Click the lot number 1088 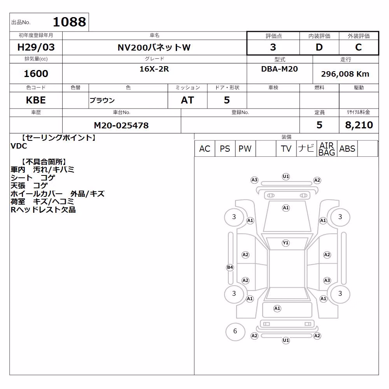[x=70, y=22]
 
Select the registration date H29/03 [x=36, y=47]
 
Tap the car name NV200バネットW [x=154, y=47]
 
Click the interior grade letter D [x=319, y=47]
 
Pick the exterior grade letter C [x=359, y=47]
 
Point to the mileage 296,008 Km [x=345, y=74]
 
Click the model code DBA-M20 [x=279, y=69]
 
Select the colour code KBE [x=36, y=100]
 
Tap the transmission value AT [x=187, y=100]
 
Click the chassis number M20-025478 [x=121, y=125]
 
